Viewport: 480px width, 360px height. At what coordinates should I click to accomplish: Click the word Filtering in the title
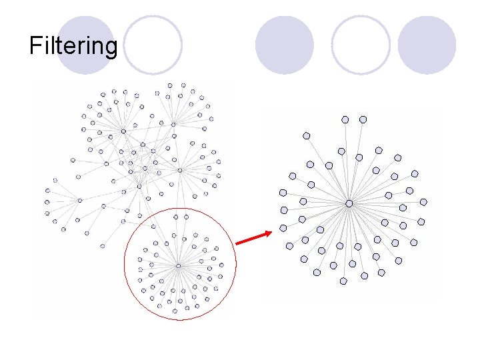(x=73, y=46)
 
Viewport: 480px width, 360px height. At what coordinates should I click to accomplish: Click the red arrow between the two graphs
(x=253, y=239)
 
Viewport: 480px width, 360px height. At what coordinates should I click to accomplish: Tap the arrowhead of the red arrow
(x=268, y=233)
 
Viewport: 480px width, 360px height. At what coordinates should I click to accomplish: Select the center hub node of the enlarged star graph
(x=349, y=203)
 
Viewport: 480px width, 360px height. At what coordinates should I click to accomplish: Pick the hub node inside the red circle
(x=179, y=266)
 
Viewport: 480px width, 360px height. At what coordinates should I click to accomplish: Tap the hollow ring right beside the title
(x=153, y=45)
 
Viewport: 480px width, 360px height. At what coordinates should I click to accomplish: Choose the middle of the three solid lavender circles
(x=285, y=45)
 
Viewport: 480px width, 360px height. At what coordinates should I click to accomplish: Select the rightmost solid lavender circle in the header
(x=427, y=45)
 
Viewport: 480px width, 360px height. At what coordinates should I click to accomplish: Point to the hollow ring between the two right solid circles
(x=361, y=45)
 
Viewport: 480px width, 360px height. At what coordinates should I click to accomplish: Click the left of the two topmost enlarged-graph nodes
(x=345, y=119)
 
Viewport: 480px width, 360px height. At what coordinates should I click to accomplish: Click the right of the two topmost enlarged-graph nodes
(x=363, y=119)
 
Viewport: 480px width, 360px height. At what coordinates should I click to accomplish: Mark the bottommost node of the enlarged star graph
(x=343, y=281)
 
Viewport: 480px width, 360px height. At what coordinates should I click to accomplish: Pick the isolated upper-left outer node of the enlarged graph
(x=307, y=135)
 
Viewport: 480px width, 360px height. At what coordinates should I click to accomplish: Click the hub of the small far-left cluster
(x=80, y=200)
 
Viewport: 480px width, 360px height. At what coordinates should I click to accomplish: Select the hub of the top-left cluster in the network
(x=123, y=131)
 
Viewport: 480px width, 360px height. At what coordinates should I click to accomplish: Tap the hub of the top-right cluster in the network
(x=173, y=124)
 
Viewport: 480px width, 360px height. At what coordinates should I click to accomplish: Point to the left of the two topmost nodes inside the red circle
(x=176, y=217)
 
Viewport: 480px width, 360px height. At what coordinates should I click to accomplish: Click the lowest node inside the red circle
(x=175, y=311)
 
